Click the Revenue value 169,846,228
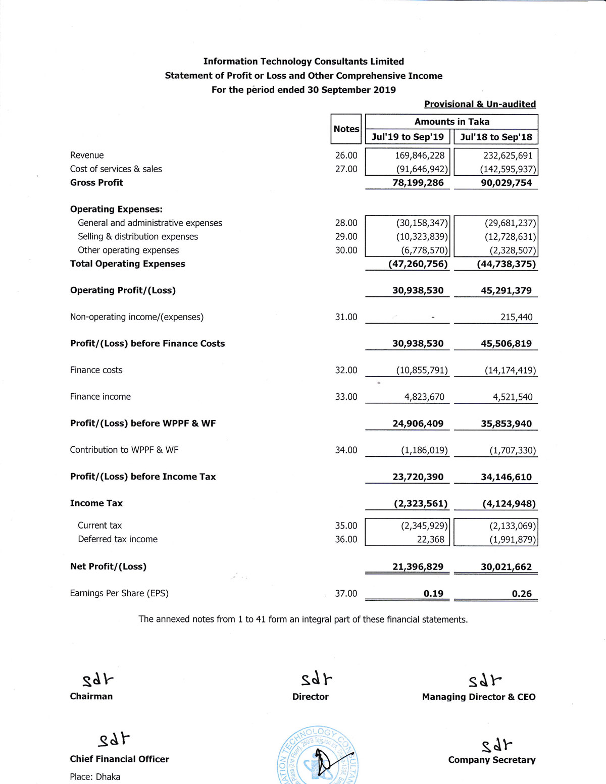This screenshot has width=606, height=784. (x=420, y=155)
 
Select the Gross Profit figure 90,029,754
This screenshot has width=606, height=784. (x=506, y=183)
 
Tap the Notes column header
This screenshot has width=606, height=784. (x=346, y=129)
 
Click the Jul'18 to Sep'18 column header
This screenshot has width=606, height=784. (x=496, y=137)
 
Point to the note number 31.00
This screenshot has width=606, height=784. (x=346, y=317)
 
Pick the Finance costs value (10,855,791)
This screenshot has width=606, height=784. (x=422, y=370)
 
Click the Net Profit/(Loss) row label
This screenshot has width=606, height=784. (x=108, y=566)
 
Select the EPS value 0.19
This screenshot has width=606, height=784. (x=433, y=594)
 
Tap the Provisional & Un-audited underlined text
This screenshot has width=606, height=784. (x=480, y=104)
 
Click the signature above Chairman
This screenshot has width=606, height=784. (x=98, y=680)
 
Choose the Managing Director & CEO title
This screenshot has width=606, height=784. (x=479, y=697)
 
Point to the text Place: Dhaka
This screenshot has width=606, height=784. (x=95, y=776)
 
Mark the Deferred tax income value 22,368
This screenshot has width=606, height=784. (x=430, y=539)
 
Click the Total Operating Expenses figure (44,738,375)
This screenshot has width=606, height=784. (x=506, y=264)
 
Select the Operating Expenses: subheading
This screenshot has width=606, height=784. (x=116, y=209)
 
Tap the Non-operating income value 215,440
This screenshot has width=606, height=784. (x=516, y=317)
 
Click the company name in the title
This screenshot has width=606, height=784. (x=304, y=62)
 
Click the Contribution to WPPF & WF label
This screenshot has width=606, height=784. (x=124, y=450)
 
